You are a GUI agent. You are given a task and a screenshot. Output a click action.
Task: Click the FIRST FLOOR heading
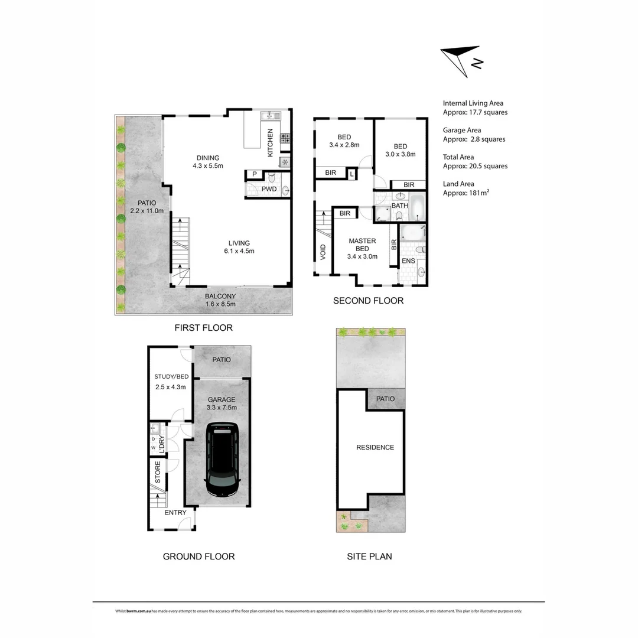tap(203, 327)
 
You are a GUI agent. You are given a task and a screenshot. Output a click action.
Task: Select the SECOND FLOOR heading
tap(368, 301)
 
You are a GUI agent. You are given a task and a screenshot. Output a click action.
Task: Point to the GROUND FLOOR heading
tap(198, 556)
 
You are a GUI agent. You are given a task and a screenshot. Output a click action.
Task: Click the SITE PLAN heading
tap(369, 556)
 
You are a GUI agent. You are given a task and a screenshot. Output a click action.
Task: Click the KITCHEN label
tap(271, 142)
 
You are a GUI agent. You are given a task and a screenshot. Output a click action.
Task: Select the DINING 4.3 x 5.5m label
tap(208, 162)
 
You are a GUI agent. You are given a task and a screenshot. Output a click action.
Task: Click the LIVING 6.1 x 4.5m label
tap(239, 247)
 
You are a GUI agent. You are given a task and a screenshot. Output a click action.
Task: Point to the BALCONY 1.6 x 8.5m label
tap(220, 300)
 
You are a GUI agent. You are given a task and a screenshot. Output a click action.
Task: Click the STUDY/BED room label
tap(171, 382)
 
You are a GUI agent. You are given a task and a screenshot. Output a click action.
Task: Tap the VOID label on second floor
tap(323, 253)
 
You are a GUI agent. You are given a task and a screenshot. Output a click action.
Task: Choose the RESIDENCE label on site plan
tap(375, 447)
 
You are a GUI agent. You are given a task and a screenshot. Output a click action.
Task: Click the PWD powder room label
tap(269, 189)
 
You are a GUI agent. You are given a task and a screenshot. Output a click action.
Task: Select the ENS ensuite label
tap(408, 261)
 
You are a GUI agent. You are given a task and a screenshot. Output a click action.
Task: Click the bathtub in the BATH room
tap(417, 206)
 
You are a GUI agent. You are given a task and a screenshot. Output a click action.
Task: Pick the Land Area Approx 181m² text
tap(466, 188)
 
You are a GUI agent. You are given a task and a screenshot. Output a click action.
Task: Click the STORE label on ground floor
tap(158, 473)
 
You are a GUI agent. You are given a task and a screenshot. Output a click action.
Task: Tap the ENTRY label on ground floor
tap(175, 512)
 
